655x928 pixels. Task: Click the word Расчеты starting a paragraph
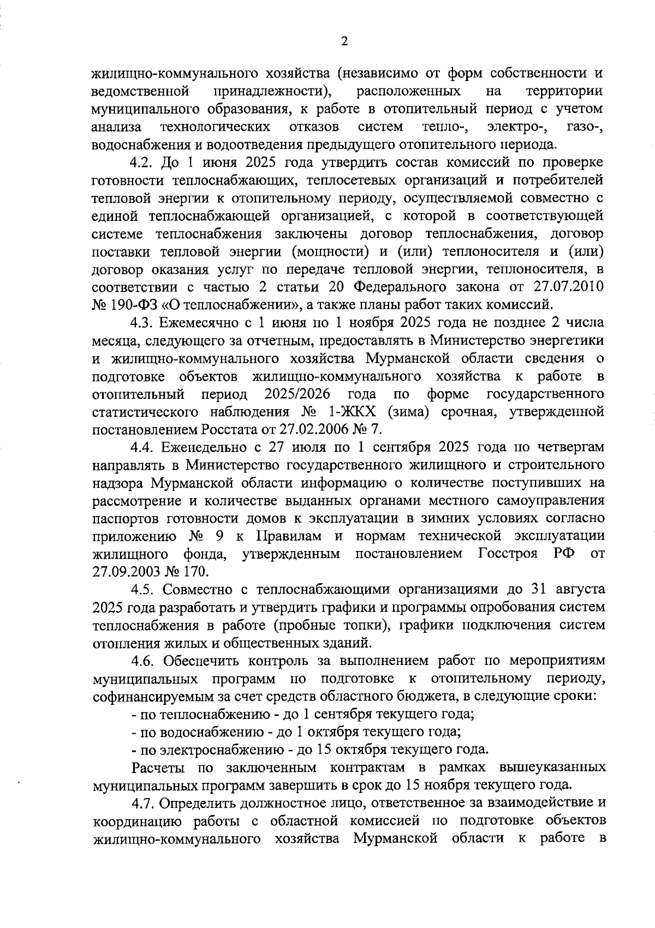159,768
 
